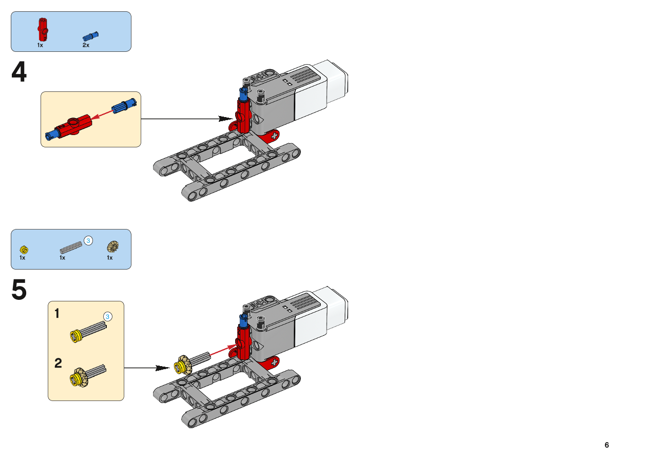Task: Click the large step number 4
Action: [19, 72]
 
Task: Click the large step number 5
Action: [19, 290]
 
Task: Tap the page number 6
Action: [606, 445]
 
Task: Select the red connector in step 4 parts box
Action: [42, 29]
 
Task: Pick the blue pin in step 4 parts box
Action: [90, 36]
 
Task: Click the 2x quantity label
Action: [86, 45]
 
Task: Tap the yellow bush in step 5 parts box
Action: [24, 250]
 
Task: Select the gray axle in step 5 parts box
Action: [71, 246]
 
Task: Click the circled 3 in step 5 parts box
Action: [88, 240]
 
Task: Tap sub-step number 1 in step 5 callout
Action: [58, 313]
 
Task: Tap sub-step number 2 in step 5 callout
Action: [58, 364]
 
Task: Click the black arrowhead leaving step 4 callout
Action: [225, 119]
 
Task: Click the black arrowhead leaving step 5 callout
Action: [162, 368]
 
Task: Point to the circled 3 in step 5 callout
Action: [107, 316]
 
